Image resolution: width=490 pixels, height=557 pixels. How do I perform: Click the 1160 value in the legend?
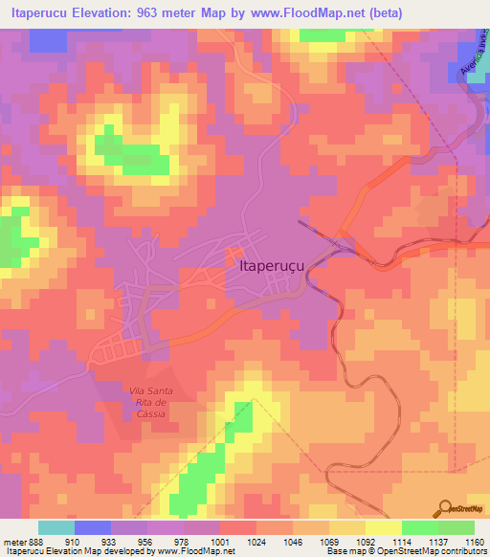pos(474,542)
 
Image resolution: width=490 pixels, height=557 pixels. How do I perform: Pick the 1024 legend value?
pos(256,542)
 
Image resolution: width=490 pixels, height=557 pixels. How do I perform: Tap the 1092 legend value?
pos(365,542)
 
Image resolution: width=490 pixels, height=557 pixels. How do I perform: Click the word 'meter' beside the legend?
pos(13,542)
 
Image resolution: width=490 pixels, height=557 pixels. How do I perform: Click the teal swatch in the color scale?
pos(56,527)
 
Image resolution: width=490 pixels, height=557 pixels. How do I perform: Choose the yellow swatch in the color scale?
pos(383,527)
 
